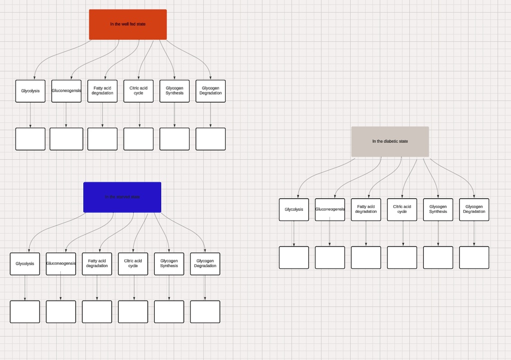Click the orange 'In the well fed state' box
(x=128, y=24)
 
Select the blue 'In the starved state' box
(x=122, y=197)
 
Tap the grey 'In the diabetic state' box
(x=390, y=141)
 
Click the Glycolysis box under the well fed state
(x=30, y=91)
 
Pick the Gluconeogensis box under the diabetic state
(x=330, y=210)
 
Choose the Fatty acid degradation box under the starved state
(x=97, y=264)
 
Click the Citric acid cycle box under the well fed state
(x=138, y=91)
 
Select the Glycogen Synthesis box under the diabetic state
(x=438, y=210)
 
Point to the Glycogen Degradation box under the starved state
(x=205, y=264)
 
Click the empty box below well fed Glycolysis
(x=30, y=139)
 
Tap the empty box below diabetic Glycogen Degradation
(x=474, y=258)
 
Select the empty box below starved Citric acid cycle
(x=133, y=312)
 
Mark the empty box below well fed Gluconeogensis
(x=66, y=139)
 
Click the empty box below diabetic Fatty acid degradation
(x=366, y=258)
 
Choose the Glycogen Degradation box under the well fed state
(x=211, y=91)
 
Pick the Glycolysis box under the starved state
(x=25, y=264)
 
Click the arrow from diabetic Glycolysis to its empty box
(x=294, y=234)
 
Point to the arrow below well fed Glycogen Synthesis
(x=175, y=115)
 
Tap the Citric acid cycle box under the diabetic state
(x=402, y=210)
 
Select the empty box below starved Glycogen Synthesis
(x=169, y=312)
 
